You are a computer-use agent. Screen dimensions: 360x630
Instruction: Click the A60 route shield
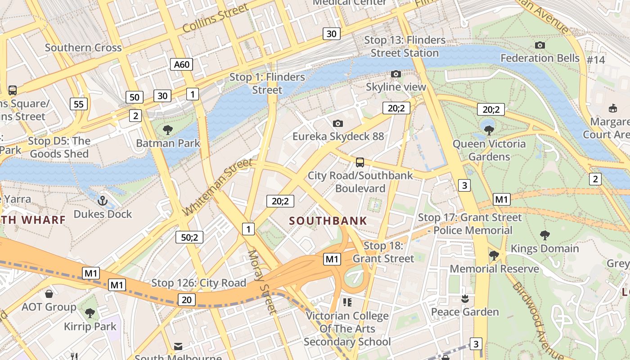coord(182,64)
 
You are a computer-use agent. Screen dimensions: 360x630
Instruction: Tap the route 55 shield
coord(79,104)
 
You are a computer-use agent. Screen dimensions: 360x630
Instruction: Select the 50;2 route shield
coord(189,237)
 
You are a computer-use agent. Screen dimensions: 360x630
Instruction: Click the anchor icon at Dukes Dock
coord(103,200)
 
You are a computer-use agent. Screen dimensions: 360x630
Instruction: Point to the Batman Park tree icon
coord(168,130)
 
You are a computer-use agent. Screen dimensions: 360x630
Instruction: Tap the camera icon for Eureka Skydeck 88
coord(338,123)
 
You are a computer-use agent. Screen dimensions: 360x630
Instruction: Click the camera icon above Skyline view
coord(396,74)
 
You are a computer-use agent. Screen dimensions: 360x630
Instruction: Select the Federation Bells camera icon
coord(540,45)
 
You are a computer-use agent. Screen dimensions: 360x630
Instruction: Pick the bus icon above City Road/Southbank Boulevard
coord(360,162)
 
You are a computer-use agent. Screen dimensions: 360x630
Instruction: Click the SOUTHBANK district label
coord(328,221)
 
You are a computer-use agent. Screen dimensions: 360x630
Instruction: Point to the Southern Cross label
coord(83,48)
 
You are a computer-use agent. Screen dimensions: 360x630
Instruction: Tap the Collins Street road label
coord(216,18)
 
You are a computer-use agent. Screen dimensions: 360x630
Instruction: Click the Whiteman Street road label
coord(218,186)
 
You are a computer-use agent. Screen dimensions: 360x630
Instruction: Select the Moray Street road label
coord(261,282)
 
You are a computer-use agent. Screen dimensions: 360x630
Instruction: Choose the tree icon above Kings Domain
coord(545,235)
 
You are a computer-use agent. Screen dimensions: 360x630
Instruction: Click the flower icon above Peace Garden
coord(465,298)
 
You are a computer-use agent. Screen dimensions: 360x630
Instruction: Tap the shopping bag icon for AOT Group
coord(49,294)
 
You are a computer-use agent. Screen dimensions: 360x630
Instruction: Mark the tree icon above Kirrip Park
coord(90,313)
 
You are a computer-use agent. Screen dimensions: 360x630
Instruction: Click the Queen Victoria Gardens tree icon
coord(489,130)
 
